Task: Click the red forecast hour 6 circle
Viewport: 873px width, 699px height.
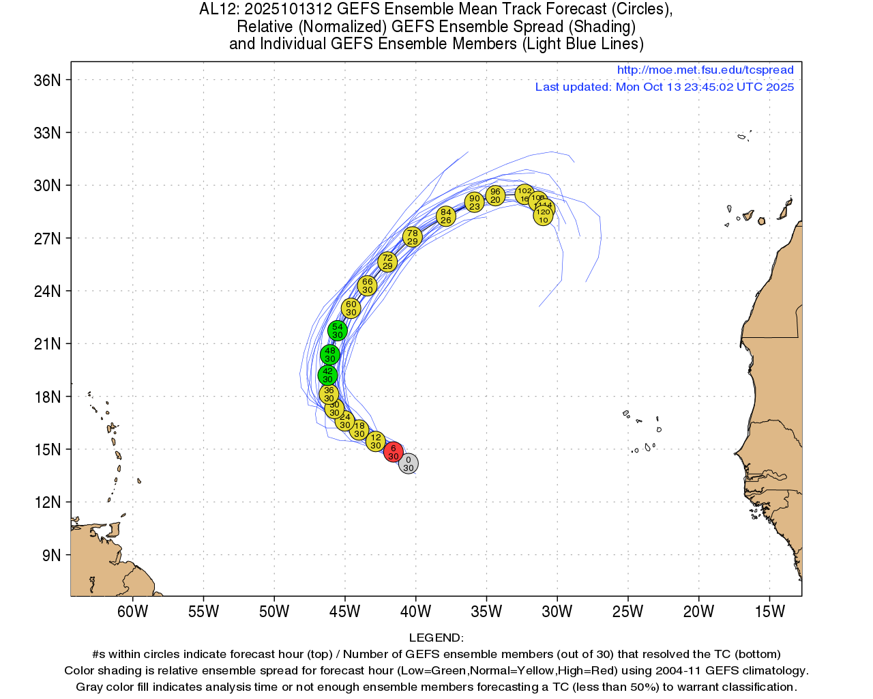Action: [x=393, y=452]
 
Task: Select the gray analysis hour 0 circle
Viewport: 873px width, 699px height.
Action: [x=408, y=463]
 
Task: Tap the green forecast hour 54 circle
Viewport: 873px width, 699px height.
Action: [x=338, y=330]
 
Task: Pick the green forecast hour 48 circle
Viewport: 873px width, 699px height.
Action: [x=330, y=354]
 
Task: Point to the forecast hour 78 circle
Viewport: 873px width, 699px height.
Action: [x=412, y=237]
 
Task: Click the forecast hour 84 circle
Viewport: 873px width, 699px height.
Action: [x=446, y=216]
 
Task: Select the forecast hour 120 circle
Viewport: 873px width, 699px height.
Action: [x=543, y=216]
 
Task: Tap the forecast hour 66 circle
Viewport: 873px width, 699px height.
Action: [x=368, y=285]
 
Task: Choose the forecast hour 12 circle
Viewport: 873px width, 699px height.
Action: [x=376, y=441]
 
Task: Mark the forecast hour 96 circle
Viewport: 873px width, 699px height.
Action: [x=495, y=195]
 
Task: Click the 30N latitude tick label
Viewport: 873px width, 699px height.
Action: [x=47, y=186]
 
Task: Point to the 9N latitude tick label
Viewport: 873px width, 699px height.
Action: [x=51, y=556]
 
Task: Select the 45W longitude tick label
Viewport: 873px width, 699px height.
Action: [x=344, y=612]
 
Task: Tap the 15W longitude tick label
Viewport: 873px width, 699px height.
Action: [x=769, y=612]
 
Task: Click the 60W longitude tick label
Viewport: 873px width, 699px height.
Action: [x=132, y=612]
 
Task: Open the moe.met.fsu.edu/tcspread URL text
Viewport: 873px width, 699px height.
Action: [x=705, y=70]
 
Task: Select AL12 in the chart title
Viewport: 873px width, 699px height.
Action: [x=217, y=10]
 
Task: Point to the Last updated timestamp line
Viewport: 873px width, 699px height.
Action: [x=664, y=87]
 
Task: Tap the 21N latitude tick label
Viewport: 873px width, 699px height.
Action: [x=47, y=344]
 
